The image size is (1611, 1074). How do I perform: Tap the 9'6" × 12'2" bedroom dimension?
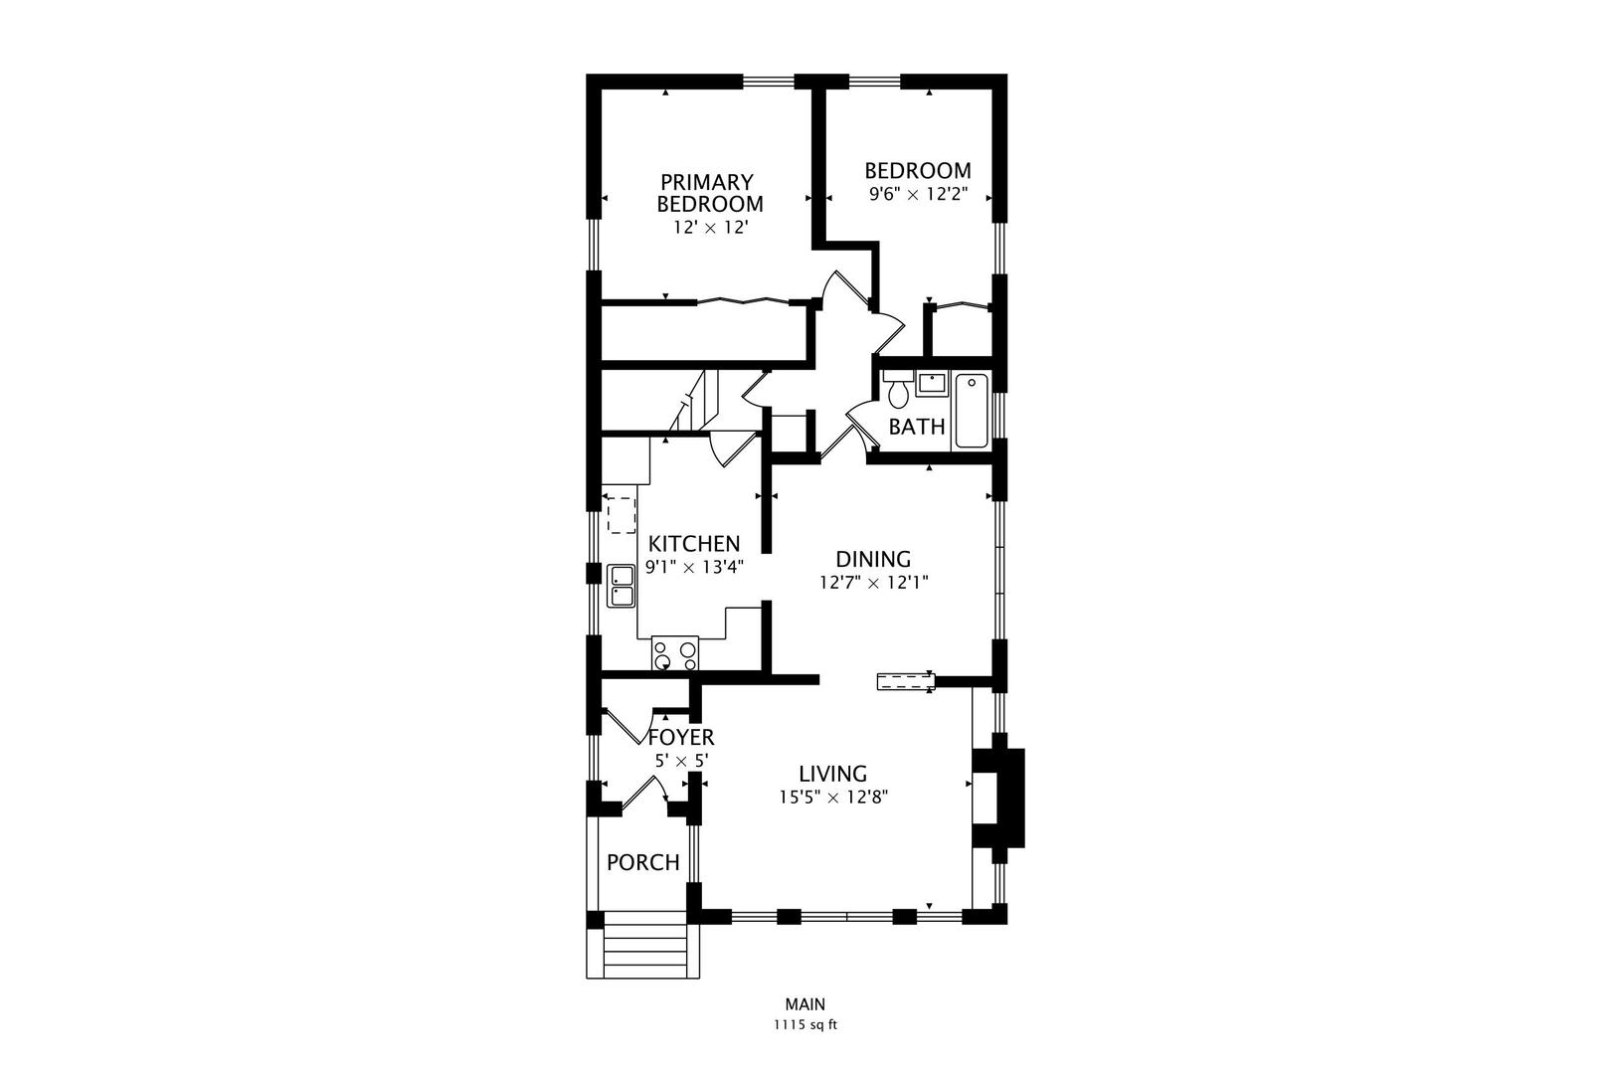click(918, 195)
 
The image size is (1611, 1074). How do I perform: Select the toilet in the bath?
click(898, 392)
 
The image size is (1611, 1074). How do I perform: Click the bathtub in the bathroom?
click(971, 411)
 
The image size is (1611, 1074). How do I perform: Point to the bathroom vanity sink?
click(932, 383)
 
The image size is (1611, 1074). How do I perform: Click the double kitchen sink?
click(622, 586)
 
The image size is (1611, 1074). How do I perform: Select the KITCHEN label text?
click(694, 544)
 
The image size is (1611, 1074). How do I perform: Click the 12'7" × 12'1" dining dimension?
click(873, 583)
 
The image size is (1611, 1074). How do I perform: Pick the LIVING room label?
click(833, 774)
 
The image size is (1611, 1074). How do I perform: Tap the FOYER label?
click(681, 738)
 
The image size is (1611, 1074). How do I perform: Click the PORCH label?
click(643, 862)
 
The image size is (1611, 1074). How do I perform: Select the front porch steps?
click(645, 950)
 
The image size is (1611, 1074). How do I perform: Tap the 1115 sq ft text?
click(805, 1025)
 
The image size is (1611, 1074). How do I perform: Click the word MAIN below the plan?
click(805, 1005)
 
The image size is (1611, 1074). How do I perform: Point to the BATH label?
click(917, 428)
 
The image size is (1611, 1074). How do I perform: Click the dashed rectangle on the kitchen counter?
click(621, 515)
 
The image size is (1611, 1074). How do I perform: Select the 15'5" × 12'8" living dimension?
click(833, 797)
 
